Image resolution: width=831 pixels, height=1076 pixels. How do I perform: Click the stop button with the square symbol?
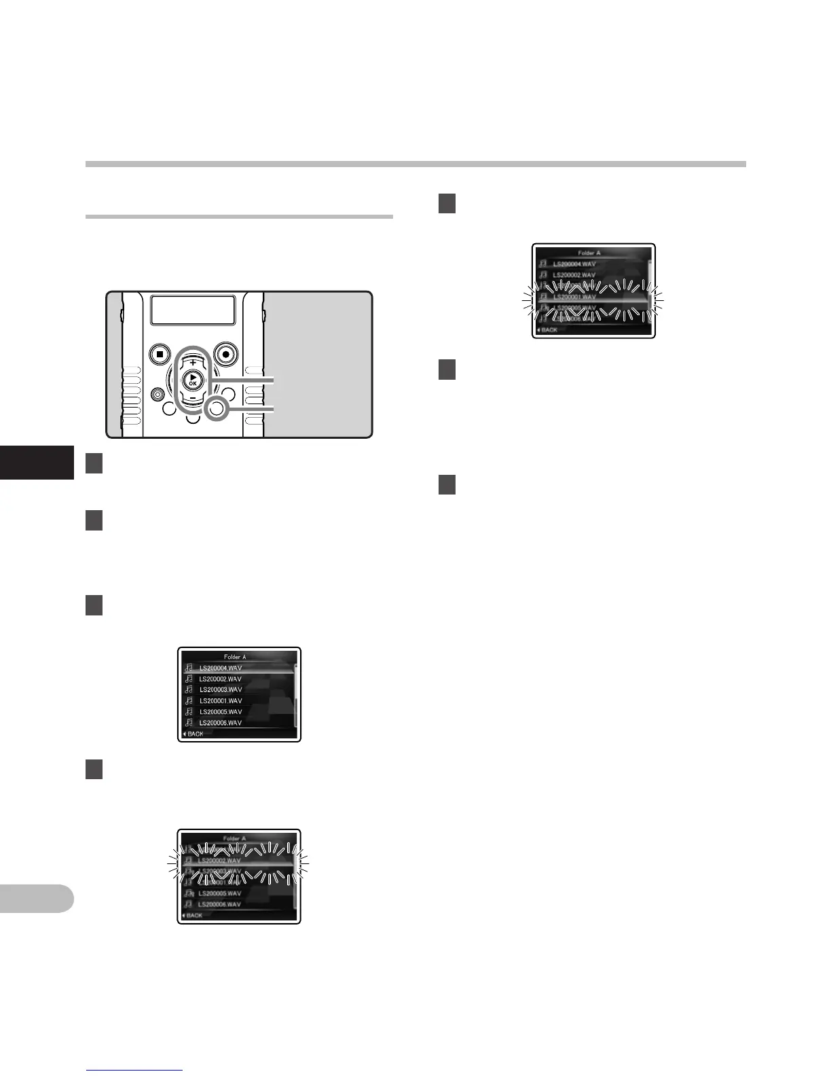tap(159, 354)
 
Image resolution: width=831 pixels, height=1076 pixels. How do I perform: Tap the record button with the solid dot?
tap(225, 354)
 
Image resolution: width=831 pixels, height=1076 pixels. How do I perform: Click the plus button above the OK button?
tap(193, 362)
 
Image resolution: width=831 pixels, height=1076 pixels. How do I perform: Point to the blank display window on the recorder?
tap(193, 310)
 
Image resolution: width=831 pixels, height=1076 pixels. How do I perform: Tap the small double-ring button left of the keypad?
tap(158, 393)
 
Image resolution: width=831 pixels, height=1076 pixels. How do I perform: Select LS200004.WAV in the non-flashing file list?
tap(220, 668)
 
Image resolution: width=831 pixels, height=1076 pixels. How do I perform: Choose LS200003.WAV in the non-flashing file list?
tap(220, 689)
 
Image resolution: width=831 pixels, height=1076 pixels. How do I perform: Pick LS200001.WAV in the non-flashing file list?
tap(220, 700)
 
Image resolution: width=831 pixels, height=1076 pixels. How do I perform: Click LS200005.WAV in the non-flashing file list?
tap(220, 712)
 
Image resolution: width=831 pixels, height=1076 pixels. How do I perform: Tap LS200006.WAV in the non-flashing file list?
tap(220, 723)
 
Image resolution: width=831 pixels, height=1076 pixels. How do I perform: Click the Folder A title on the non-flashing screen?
tap(235, 657)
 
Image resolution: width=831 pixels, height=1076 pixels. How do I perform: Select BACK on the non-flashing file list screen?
tap(194, 734)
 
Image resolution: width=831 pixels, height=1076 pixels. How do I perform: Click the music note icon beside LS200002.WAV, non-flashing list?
tap(189, 679)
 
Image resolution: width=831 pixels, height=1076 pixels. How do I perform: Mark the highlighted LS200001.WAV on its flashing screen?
tap(574, 297)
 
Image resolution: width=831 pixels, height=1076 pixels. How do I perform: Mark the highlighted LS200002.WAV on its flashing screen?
tap(221, 861)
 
